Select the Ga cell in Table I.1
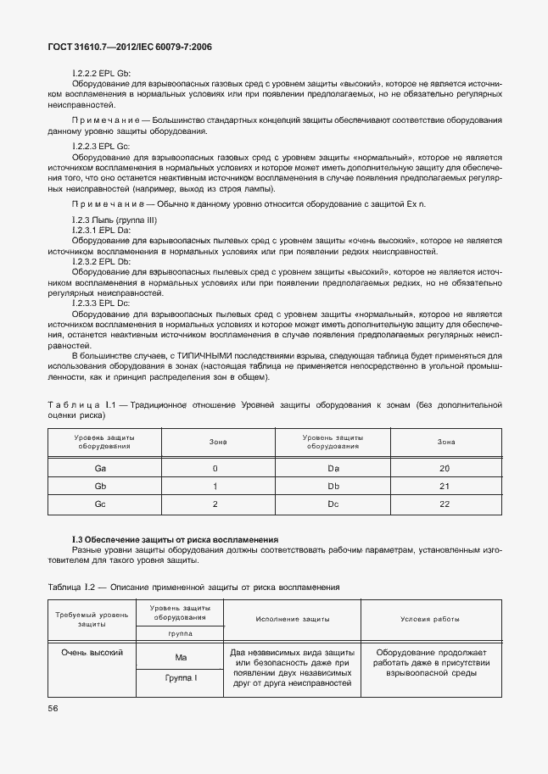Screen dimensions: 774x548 101,468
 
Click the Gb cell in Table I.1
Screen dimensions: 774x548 101,486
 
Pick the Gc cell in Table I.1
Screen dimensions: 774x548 101,504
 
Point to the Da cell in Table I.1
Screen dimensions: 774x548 333,468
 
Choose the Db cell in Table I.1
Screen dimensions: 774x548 333,486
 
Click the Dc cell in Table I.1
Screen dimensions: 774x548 333,504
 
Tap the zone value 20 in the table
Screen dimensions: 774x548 445,468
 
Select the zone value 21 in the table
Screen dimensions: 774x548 445,486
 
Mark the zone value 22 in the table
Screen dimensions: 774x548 445,504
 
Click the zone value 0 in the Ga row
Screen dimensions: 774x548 215,468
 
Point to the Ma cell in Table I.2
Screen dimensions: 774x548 180,657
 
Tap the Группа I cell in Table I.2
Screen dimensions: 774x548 180,677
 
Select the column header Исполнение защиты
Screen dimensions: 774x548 292,619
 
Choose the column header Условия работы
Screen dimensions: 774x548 430,619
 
